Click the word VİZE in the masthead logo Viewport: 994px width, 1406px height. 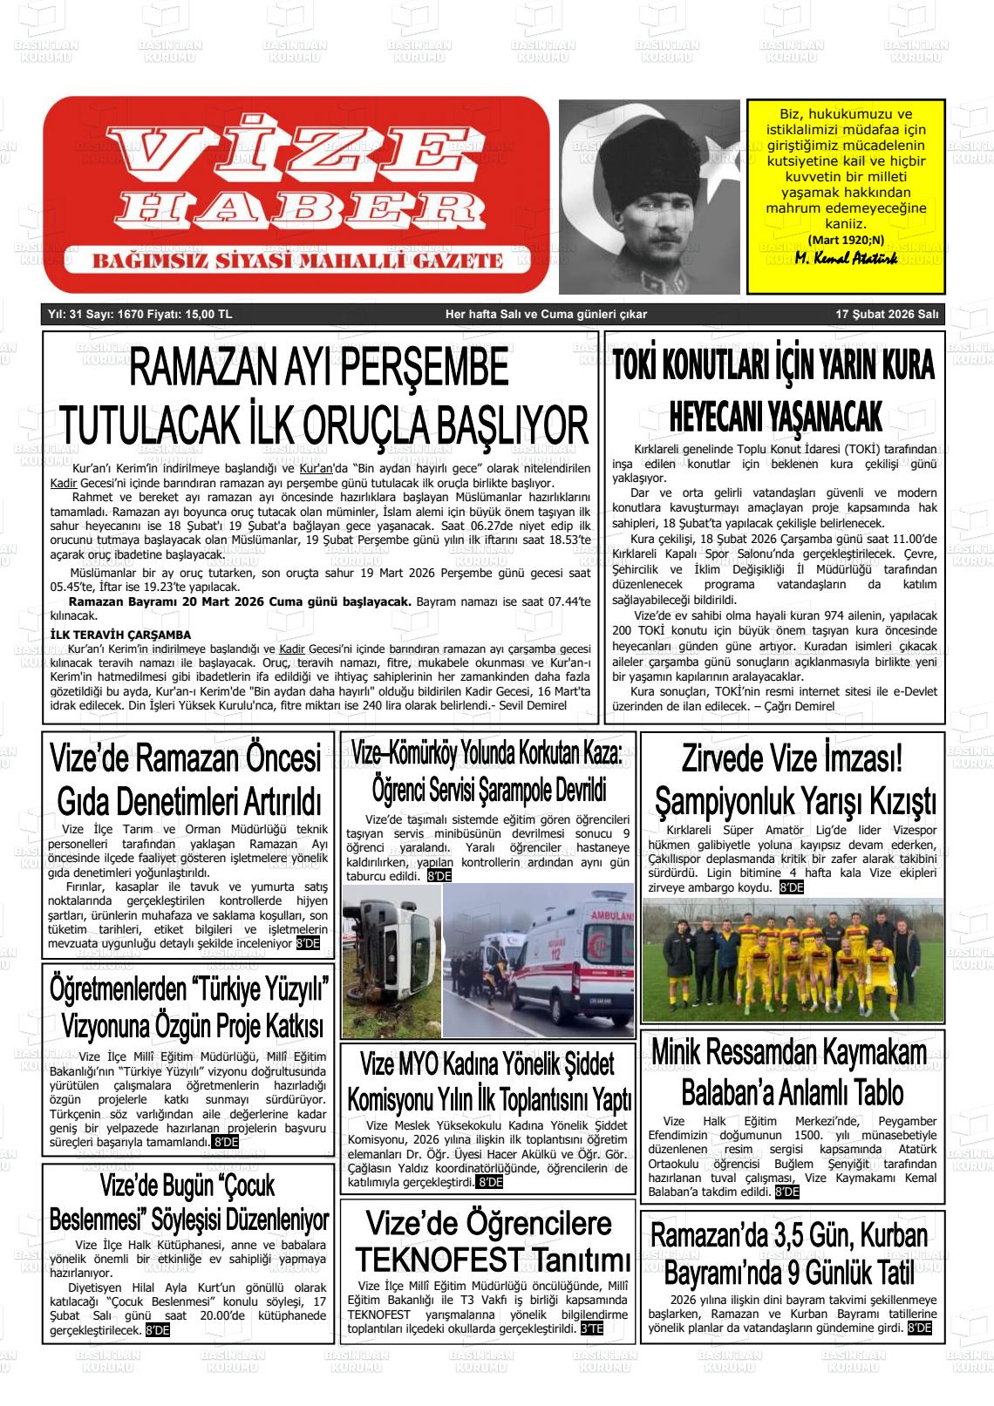click(287, 153)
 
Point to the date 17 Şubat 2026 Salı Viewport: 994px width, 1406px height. click(886, 315)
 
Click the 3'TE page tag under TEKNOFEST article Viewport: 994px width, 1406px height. click(591, 1329)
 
